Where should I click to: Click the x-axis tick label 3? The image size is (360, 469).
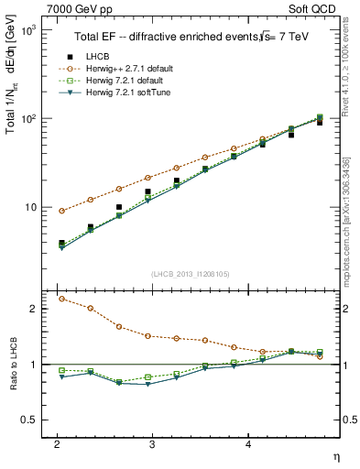coord(152,443)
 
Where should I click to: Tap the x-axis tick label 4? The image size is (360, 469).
coord(248,443)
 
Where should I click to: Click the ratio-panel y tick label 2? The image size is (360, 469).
coord(34,309)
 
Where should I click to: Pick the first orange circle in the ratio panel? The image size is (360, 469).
coord(61,299)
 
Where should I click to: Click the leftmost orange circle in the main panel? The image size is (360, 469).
coord(61,211)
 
